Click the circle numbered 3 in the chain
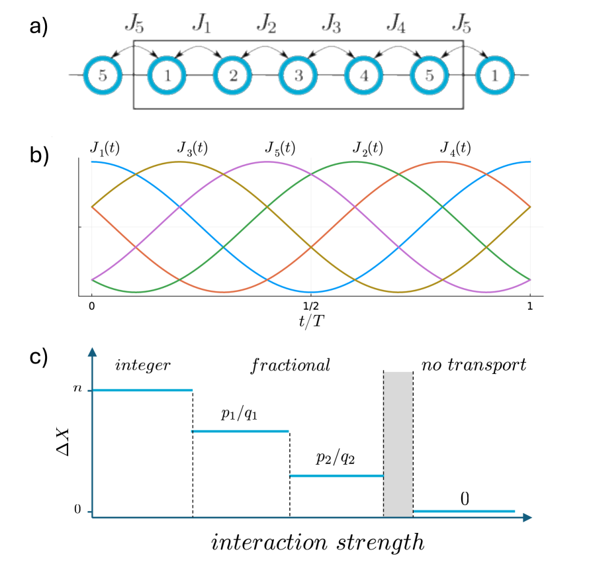point(298,75)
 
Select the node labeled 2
point(232,75)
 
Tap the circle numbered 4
point(363,75)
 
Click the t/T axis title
point(310,323)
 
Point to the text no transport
point(473,365)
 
